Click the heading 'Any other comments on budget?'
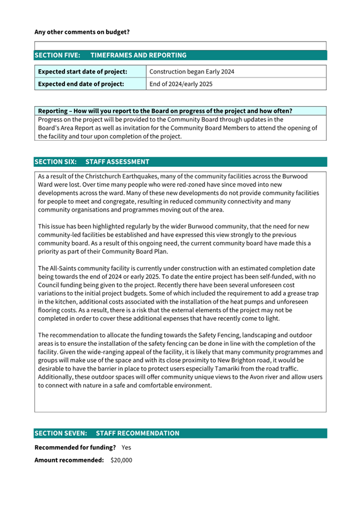click(x=82, y=32)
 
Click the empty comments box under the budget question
click(x=180, y=45)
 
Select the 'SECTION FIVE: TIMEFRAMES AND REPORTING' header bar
click(x=180, y=55)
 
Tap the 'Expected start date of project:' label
click(x=82, y=71)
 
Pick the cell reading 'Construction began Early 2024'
click(x=191, y=71)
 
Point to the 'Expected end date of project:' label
click(x=81, y=84)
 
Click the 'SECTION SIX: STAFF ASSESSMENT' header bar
click(x=180, y=161)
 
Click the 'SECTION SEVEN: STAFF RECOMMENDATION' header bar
click(x=180, y=433)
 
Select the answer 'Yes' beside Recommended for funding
click(x=127, y=447)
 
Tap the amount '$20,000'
click(x=121, y=460)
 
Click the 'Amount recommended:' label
click(x=69, y=460)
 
